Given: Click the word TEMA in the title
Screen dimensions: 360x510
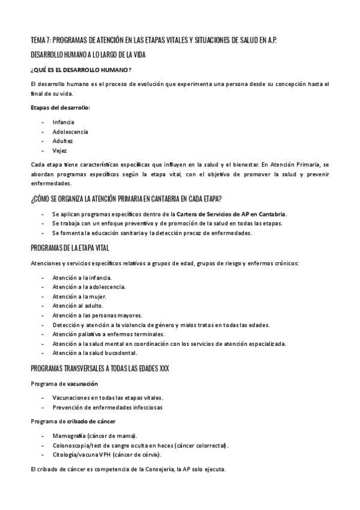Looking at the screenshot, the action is [x=37, y=40].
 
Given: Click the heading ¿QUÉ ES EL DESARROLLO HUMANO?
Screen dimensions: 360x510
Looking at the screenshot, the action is [x=81, y=70].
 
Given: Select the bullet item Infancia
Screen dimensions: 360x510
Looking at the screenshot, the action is [x=63, y=121].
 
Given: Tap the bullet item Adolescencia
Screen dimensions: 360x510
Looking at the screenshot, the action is [x=70, y=131].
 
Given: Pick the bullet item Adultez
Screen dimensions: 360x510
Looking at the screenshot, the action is [x=63, y=141].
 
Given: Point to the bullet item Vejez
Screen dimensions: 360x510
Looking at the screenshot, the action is [x=59, y=150].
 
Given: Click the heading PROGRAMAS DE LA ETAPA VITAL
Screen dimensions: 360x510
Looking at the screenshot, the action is [x=70, y=248].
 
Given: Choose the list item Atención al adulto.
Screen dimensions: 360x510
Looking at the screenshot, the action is [x=78, y=306].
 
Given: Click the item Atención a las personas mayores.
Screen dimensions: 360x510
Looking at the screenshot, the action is [x=97, y=315].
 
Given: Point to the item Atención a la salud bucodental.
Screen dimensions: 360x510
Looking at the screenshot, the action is [x=95, y=352].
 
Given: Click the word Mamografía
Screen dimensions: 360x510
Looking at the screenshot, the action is [x=69, y=435].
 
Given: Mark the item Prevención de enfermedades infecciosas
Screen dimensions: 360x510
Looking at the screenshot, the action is [x=107, y=407].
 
